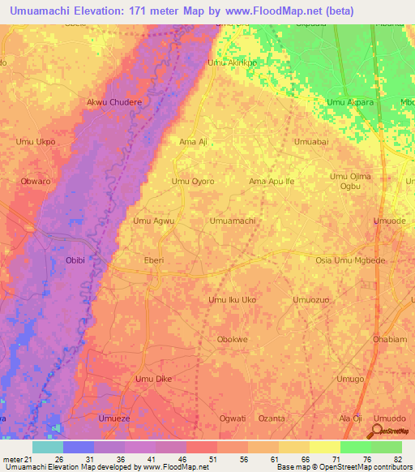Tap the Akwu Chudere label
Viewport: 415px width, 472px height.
click(114, 103)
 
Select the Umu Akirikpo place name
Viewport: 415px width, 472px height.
click(233, 62)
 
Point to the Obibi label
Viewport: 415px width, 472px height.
click(75, 260)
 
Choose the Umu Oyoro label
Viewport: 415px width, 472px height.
click(193, 182)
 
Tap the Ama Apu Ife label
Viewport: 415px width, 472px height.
click(272, 182)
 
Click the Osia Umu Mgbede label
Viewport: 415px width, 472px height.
click(352, 260)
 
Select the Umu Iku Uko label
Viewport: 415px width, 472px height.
click(233, 300)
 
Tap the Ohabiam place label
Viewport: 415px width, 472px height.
click(391, 339)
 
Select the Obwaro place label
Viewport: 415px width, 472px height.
click(36, 182)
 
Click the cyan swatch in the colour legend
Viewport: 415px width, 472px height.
click(47, 447)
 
